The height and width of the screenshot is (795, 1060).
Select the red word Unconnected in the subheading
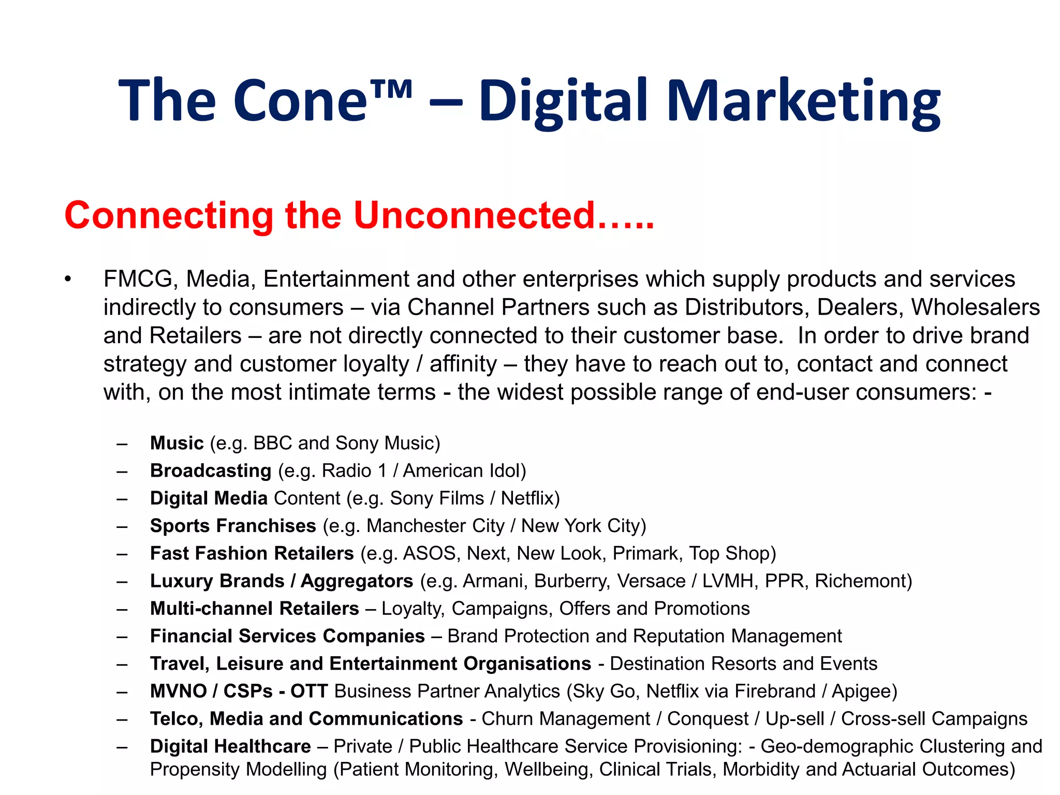(x=474, y=216)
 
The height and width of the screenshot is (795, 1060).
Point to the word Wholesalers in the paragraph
(x=975, y=307)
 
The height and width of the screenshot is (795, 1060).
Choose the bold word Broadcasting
(x=211, y=471)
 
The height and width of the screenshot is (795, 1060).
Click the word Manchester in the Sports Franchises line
(x=435, y=526)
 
